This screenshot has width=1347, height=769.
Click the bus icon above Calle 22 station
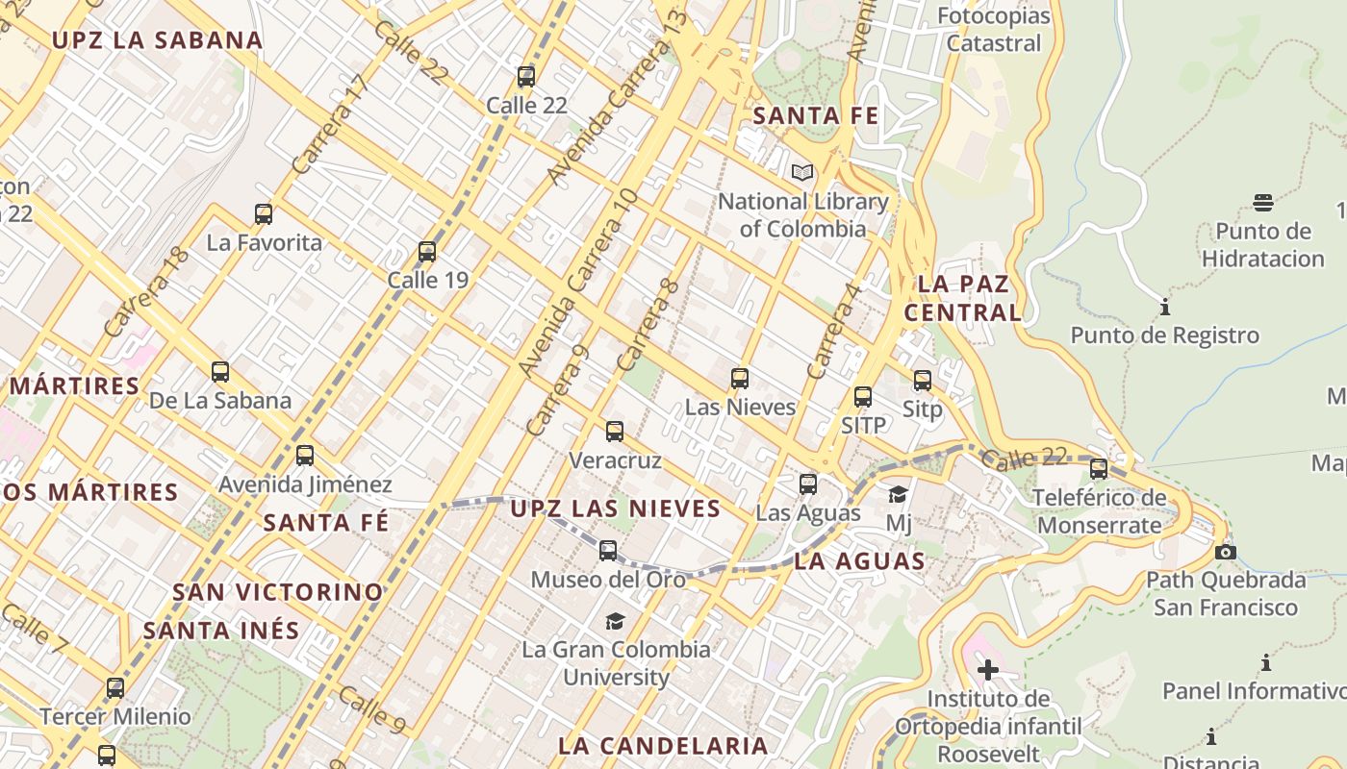coord(526,77)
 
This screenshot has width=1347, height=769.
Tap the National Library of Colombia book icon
coord(802,173)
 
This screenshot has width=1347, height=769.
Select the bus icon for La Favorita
coord(264,213)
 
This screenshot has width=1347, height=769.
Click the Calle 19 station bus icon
coord(427,252)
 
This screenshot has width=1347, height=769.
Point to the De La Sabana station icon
coord(220,372)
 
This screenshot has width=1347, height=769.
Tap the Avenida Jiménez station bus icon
coord(305,456)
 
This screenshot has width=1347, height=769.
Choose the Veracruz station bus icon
coord(615,432)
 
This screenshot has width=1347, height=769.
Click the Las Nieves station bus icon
coord(740,379)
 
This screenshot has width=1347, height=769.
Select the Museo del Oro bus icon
coord(608,551)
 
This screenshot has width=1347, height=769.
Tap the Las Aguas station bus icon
coord(808,484)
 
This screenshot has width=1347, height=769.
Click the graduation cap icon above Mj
coord(898,494)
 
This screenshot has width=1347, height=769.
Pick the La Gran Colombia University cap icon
coord(615,621)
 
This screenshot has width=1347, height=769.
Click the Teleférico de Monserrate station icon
coord(1099,469)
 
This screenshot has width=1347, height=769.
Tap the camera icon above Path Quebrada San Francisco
coord(1226,552)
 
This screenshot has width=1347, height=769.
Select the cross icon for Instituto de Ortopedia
coord(988,670)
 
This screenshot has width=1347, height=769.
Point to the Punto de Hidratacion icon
coord(1263,202)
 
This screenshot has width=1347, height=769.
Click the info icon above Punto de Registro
coord(1165,308)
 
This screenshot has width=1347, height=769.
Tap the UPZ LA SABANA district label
coord(157,40)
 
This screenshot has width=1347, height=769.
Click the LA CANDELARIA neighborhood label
coord(663,745)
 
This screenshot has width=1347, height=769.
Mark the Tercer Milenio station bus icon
coord(115,688)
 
